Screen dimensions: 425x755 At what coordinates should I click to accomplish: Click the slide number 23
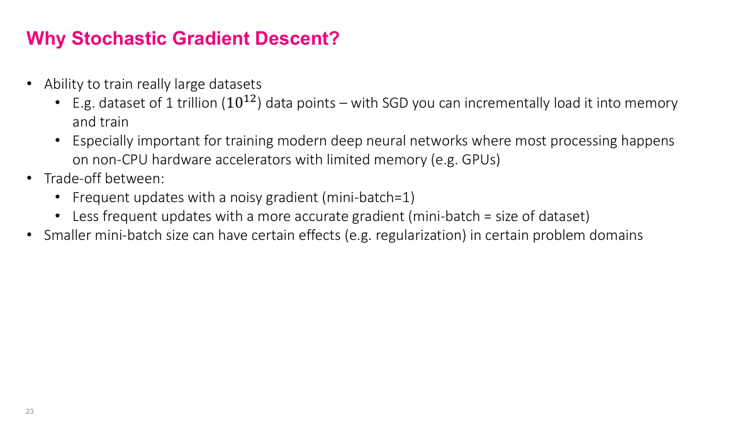30,411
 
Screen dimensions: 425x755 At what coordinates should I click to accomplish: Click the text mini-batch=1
368,198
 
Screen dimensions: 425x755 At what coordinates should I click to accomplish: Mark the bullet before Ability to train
29,84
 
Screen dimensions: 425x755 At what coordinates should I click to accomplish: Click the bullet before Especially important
58,141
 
